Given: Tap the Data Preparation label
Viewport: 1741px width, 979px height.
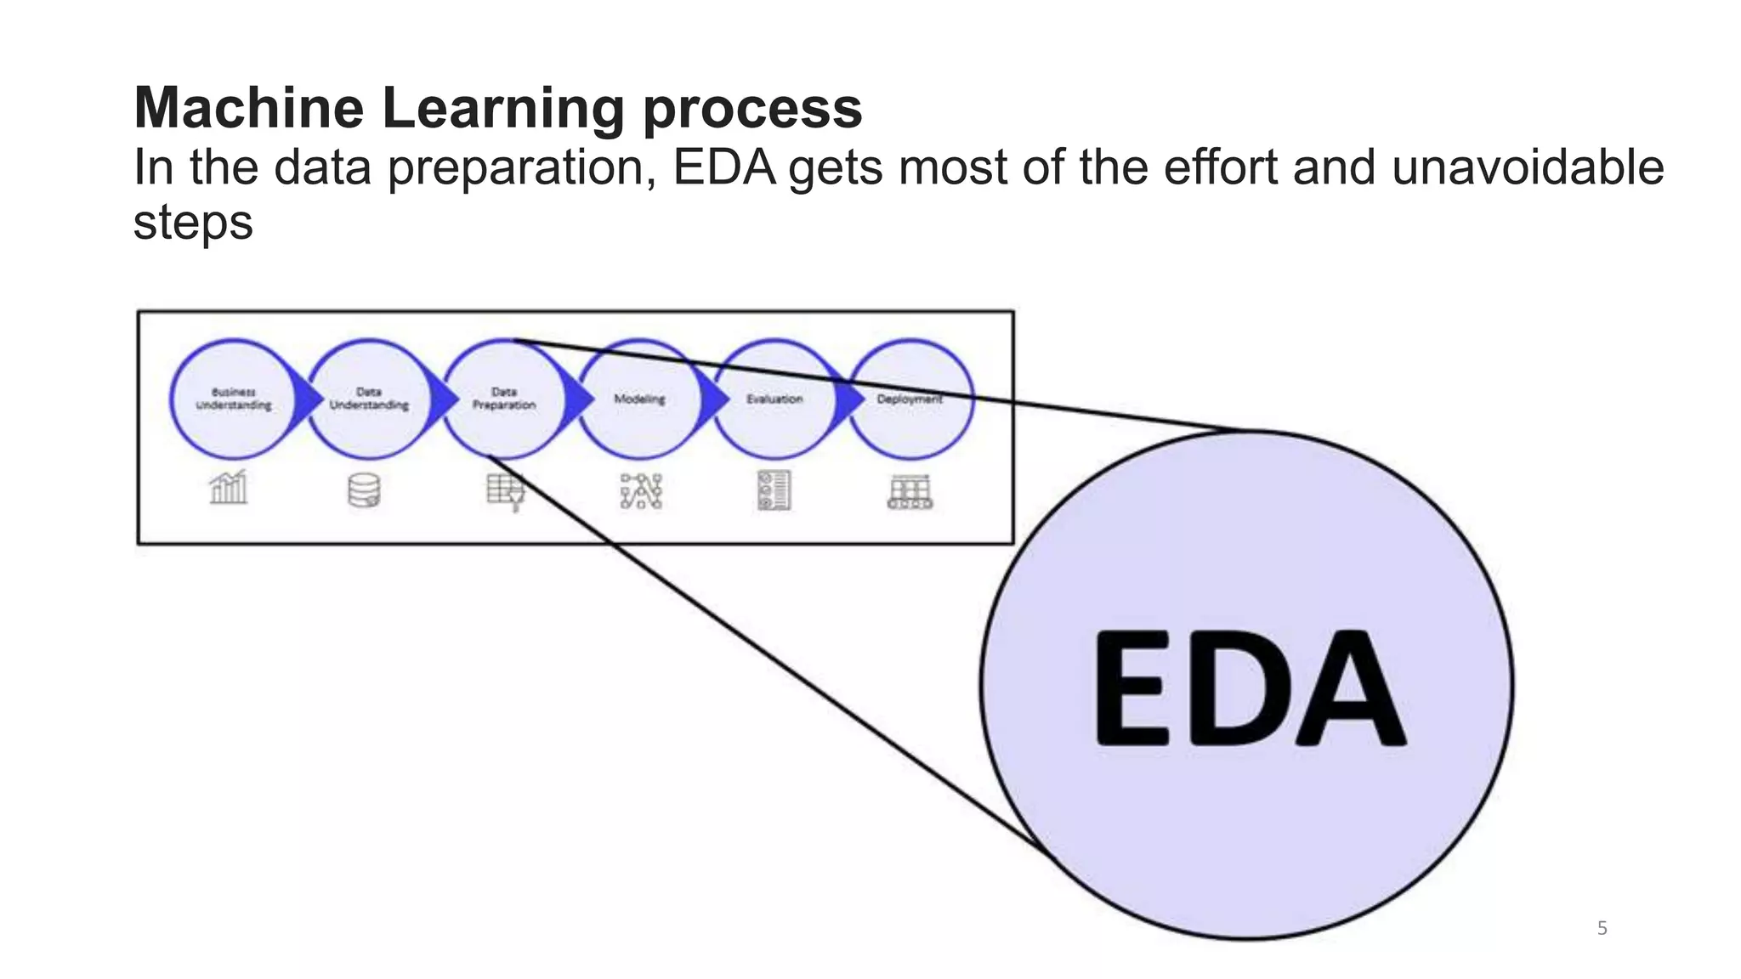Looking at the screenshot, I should [x=504, y=399].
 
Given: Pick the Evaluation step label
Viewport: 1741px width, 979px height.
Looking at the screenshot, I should [x=774, y=399].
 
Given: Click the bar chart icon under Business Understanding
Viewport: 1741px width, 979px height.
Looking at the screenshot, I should [x=229, y=488].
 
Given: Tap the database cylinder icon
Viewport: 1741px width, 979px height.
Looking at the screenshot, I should [x=364, y=490].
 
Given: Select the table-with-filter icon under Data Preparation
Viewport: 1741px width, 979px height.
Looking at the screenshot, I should [x=505, y=491].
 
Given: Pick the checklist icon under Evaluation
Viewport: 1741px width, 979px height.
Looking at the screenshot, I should [x=774, y=490].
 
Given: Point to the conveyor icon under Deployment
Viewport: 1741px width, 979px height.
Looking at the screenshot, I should [x=910, y=492].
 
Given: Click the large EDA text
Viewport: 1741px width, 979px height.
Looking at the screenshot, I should [x=1247, y=688].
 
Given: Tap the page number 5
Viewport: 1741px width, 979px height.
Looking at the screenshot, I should [x=1602, y=928].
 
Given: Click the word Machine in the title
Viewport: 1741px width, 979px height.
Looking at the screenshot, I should [x=248, y=108].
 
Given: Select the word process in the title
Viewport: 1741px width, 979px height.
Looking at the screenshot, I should [x=752, y=110].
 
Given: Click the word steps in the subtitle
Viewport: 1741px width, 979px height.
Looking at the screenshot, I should [x=193, y=223].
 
